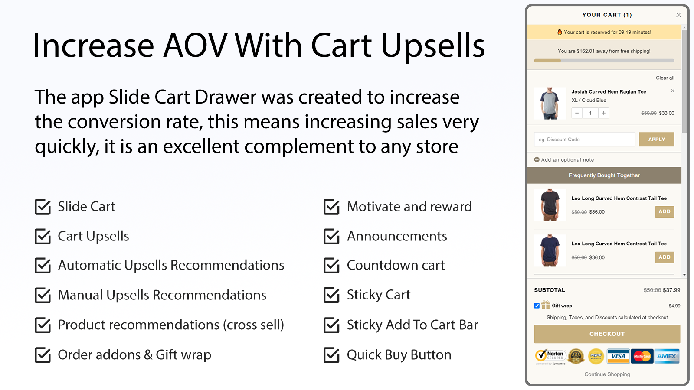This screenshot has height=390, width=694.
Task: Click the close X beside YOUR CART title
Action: pyautogui.click(x=678, y=15)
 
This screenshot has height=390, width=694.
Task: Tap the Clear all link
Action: pyautogui.click(x=665, y=78)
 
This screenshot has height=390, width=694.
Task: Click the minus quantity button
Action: pyautogui.click(x=577, y=113)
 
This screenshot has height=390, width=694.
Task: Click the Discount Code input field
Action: pyautogui.click(x=584, y=139)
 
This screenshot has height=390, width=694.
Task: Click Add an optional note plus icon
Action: pyautogui.click(x=537, y=160)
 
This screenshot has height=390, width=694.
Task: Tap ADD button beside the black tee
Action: pyautogui.click(x=664, y=212)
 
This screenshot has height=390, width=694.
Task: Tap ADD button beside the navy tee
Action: pyautogui.click(x=664, y=257)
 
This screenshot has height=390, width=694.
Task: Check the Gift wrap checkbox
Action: pyautogui.click(x=537, y=306)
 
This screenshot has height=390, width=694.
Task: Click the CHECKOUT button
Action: pyautogui.click(x=607, y=334)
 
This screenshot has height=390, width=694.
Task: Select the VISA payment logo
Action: pyautogui.click(x=618, y=356)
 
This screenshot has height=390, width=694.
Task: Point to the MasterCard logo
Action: pyautogui.click(x=642, y=356)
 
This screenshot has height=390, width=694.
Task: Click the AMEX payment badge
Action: pyautogui.click(x=667, y=356)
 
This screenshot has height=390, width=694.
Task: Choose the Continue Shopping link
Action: pyautogui.click(x=607, y=374)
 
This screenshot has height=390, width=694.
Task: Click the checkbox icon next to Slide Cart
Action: pyautogui.click(x=43, y=207)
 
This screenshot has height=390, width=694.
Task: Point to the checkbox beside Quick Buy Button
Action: pyautogui.click(x=331, y=355)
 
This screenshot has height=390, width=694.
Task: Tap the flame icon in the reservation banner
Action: pyautogui.click(x=560, y=32)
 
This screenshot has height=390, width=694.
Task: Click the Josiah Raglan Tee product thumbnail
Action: pyautogui.click(x=550, y=104)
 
